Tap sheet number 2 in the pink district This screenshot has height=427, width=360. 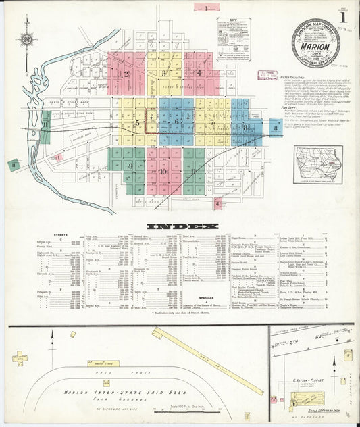126,74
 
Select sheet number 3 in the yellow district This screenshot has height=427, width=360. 163,73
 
